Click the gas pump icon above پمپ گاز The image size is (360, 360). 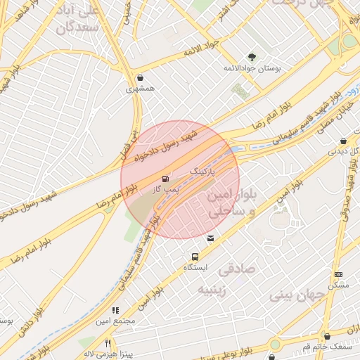[x=165, y=179]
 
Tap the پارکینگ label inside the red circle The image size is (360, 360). [x=202, y=171]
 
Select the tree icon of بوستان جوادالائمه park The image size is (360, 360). [x=251, y=57]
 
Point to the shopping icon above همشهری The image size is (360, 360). [x=141, y=77]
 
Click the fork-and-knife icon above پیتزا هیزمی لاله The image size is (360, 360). [x=108, y=343]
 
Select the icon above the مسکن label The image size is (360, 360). [x=339, y=274]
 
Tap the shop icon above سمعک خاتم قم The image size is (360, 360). [x=326, y=336]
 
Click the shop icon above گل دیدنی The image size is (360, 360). [x=343, y=140]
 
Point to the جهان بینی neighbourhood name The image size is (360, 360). [x=295, y=295]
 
